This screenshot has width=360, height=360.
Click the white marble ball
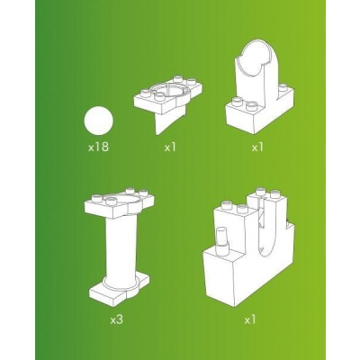pos(98,121)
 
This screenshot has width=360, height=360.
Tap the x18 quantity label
pos(98,147)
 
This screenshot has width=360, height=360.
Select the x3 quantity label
pos(116,319)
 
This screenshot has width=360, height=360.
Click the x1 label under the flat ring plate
pos(170,147)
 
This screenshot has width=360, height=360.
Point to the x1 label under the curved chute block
pos(257,147)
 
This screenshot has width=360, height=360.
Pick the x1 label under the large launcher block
pos(250,319)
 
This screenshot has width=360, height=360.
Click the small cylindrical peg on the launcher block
pos(222,237)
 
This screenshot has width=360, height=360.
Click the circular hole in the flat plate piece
pos(170,90)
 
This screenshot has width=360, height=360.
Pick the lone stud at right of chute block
pos(283,87)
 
